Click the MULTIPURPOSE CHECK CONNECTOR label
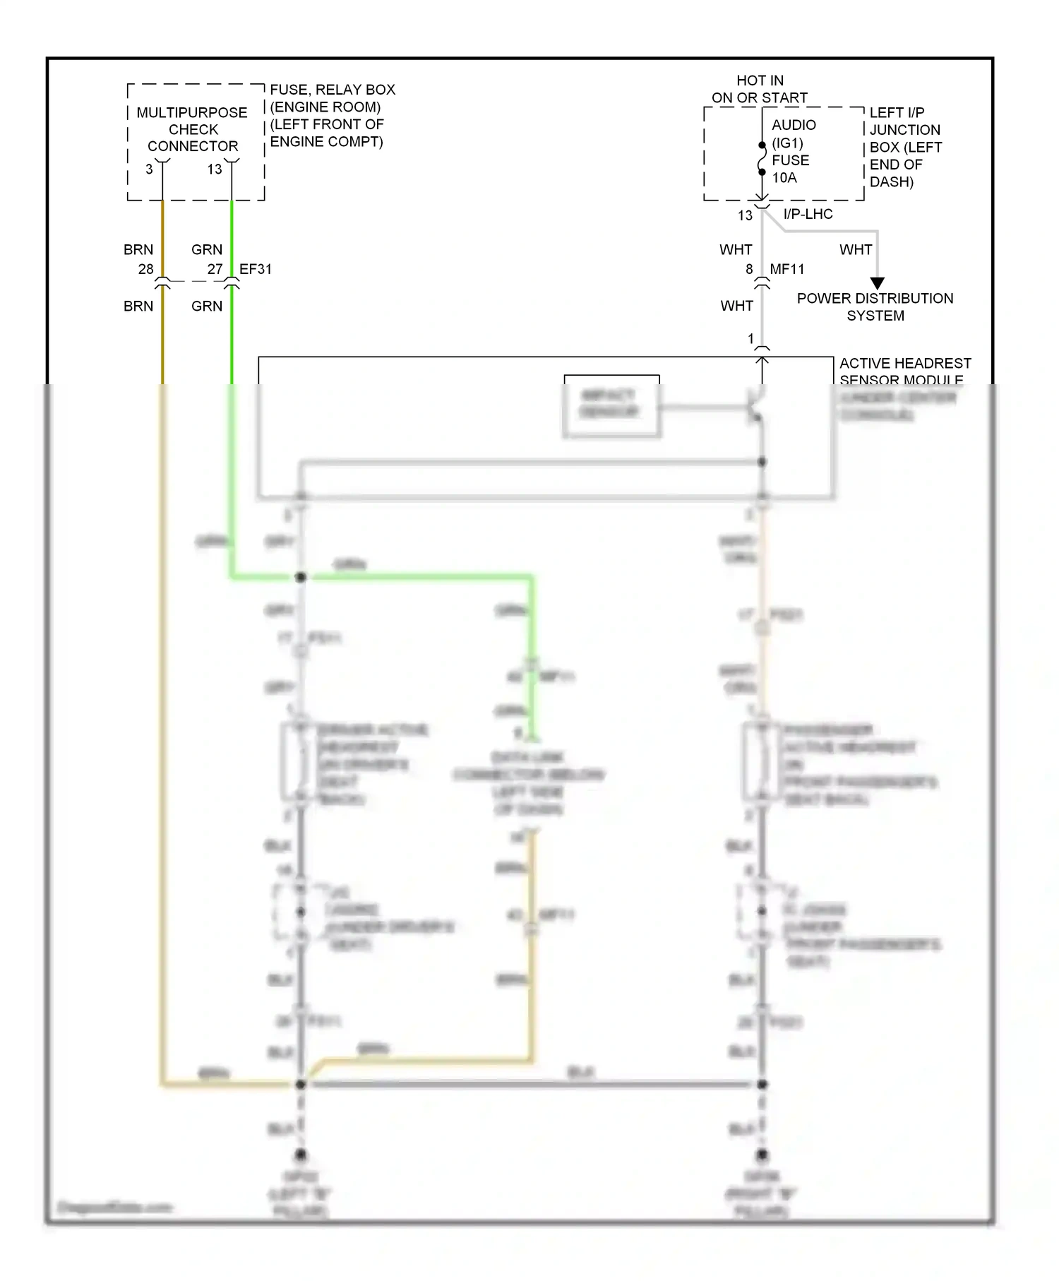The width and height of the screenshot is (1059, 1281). [192, 129]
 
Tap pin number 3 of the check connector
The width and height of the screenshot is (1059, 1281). [149, 169]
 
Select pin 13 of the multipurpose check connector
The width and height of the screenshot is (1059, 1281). [215, 169]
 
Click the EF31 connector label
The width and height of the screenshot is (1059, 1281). [256, 269]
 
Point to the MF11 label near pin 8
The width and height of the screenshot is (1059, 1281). [787, 269]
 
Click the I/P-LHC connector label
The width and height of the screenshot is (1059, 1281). [808, 214]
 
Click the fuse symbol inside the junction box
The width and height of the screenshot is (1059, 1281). [762, 159]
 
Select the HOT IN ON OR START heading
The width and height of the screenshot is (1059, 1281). [760, 89]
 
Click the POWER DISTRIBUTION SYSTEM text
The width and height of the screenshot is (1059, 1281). [875, 307]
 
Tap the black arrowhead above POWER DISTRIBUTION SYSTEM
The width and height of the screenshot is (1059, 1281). [878, 283]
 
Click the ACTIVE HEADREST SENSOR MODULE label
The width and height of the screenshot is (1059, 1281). [905, 371]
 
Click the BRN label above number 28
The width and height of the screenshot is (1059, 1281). [138, 249]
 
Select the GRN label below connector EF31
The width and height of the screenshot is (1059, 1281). [207, 306]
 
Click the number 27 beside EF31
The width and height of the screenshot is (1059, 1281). [215, 269]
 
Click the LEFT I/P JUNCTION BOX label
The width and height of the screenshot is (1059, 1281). [904, 147]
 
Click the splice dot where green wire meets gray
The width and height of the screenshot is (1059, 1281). [300, 577]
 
